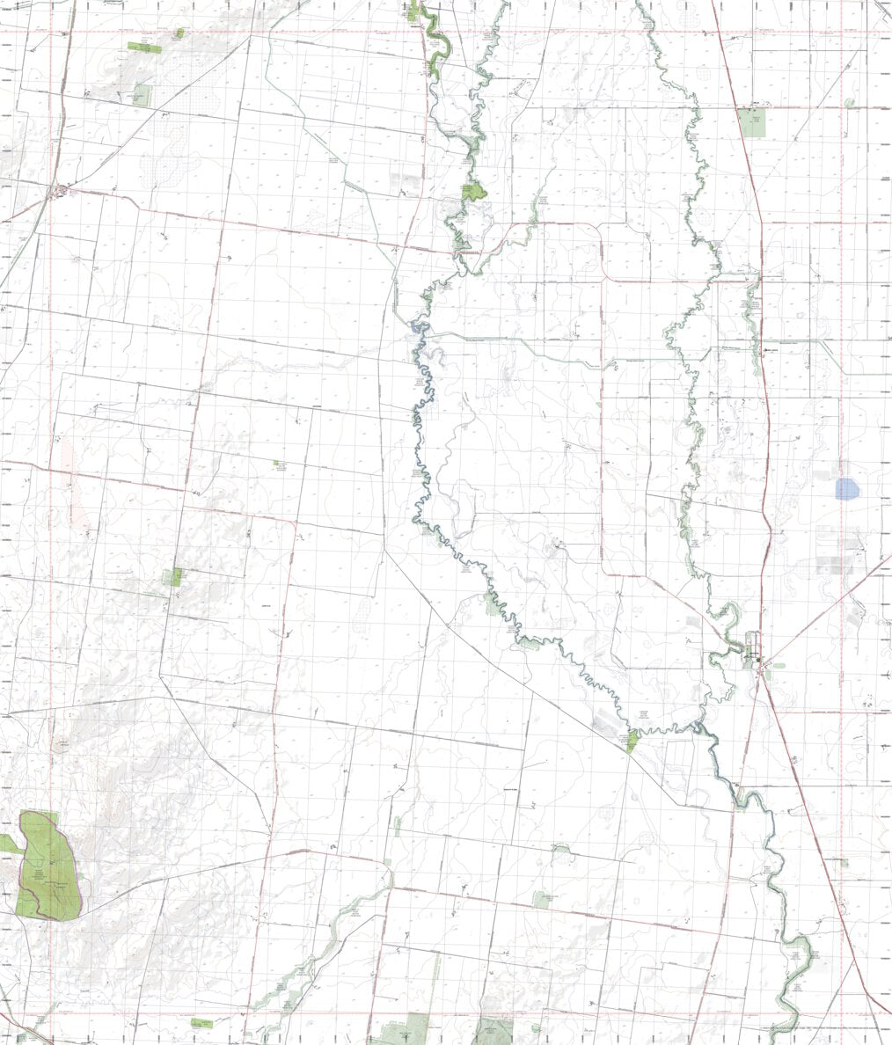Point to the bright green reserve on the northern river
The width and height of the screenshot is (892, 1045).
coord(474,191)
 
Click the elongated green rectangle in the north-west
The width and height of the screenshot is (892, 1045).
coord(142,46)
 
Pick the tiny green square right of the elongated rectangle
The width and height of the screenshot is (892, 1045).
coord(179,33)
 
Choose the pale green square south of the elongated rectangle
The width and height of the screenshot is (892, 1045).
coord(142,95)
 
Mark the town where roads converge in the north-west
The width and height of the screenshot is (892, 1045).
coord(62,189)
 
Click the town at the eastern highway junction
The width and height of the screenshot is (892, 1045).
coord(755,657)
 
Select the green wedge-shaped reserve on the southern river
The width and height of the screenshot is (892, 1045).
coord(632,742)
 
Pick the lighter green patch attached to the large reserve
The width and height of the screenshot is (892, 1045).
coord(8,843)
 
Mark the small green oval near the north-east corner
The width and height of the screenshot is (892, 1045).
coord(850,103)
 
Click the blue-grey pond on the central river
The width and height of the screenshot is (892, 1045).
coord(416,329)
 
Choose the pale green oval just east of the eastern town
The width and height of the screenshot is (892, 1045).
coord(779,666)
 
